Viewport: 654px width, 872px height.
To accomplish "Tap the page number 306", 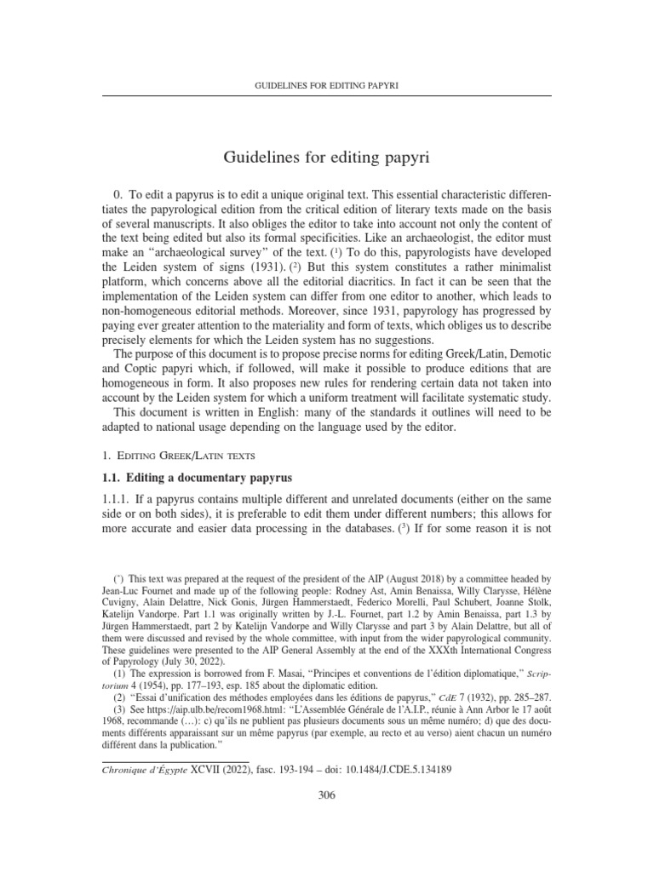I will pos(326,796).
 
